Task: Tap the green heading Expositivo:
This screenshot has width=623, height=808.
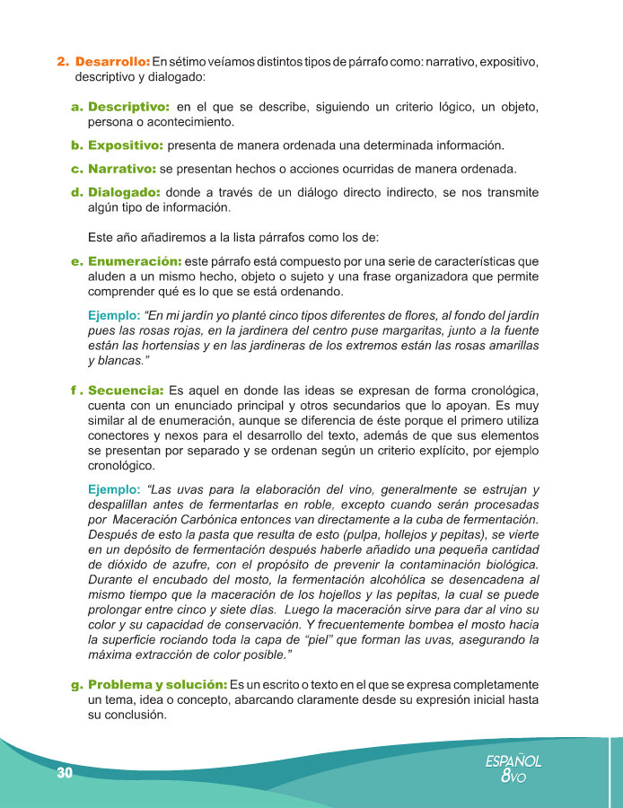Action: pyautogui.click(x=126, y=145)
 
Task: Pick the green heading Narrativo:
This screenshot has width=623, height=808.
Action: pyautogui.click(x=122, y=169)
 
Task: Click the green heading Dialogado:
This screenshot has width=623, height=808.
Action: pyautogui.click(x=125, y=192)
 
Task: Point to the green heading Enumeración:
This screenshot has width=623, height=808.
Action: pyautogui.click(x=135, y=261)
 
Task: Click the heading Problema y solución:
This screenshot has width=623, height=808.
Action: pyautogui.click(x=157, y=685)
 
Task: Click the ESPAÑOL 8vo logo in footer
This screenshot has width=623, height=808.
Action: pyautogui.click(x=513, y=768)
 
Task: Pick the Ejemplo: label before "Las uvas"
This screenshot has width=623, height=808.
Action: pyautogui.click(x=114, y=489)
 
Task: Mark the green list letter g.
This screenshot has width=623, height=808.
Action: pyautogui.click(x=76, y=685)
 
